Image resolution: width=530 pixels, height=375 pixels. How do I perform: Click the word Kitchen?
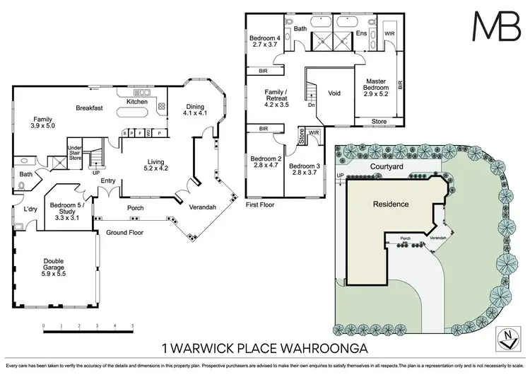click(136, 102)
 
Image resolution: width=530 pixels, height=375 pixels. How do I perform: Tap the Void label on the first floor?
click(335, 93)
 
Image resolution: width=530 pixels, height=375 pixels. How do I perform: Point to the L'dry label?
click(30, 210)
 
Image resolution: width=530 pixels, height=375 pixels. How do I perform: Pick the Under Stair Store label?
click(75, 153)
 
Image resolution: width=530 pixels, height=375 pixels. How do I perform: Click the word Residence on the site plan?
click(391, 204)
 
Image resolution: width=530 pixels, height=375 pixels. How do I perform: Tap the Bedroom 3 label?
click(304, 169)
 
